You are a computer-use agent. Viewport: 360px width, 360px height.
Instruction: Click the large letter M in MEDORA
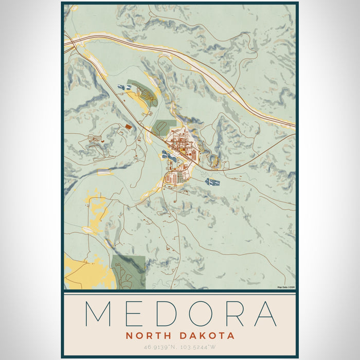pyautogui.click(x=99, y=313)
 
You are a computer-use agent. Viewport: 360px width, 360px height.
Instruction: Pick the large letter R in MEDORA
pyautogui.click(x=236, y=313)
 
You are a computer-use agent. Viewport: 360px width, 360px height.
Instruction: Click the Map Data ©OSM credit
pyautogui.click(x=286, y=287)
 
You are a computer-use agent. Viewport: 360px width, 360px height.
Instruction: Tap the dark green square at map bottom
pyautogui.click(x=128, y=269)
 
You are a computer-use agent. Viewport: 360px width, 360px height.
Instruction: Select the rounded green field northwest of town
pyautogui.click(x=165, y=125)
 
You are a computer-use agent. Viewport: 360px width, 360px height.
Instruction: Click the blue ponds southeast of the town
pyautogui.click(x=212, y=182)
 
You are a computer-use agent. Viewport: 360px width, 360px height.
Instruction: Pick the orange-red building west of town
pyautogui.click(x=128, y=127)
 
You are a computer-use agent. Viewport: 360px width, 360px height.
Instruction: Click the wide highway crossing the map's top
pyautogui.click(x=195, y=62)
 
